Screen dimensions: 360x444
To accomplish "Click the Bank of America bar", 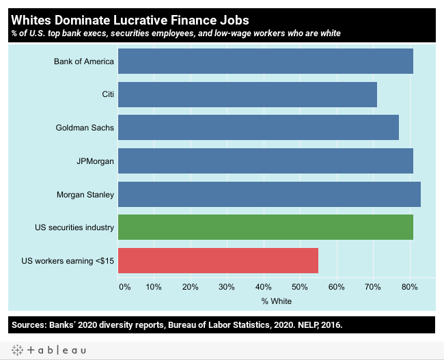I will [x=265, y=61].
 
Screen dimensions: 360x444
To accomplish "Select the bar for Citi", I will [x=247, y=94].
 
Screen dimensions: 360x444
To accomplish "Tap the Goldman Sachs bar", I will [x=258, y=128].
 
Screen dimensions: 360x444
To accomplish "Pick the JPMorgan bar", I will [x=265, y=161].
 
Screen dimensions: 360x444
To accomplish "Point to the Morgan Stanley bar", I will [x=269, y=194].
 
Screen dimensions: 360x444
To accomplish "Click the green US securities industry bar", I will [x=265, y=227].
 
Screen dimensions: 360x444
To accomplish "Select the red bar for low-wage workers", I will [x=218, y=260].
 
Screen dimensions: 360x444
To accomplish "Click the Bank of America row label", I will [x=84, y=61].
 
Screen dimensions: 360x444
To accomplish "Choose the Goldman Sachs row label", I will [x=85, y=128].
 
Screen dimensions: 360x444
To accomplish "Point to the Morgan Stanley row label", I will [x=85, y=195].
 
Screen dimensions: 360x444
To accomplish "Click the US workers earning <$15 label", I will [x=68, y=260].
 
